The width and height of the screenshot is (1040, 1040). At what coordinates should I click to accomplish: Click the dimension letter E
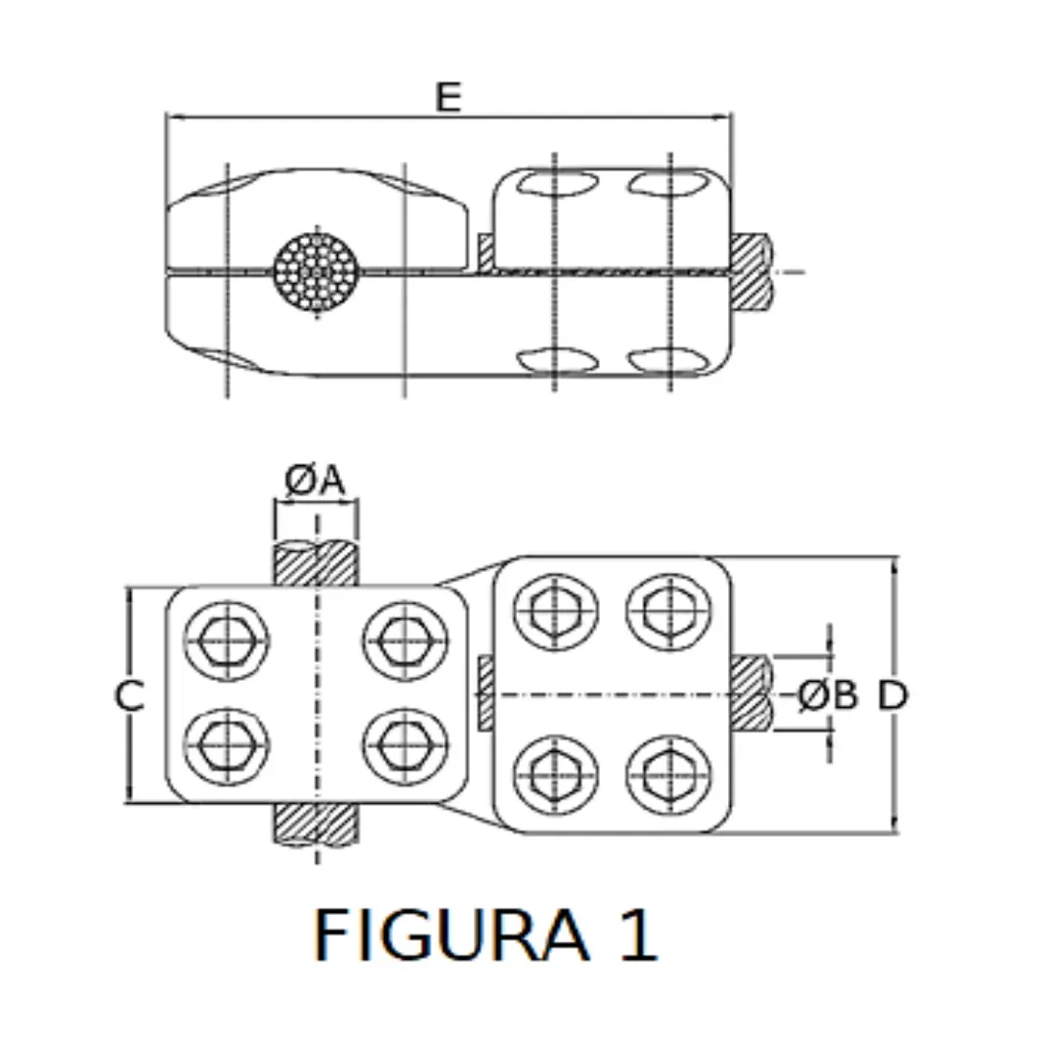(x=448, y=96)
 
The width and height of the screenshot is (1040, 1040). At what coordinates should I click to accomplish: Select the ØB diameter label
(x=827, y=695)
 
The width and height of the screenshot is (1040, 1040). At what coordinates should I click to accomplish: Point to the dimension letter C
(x=129, y=695)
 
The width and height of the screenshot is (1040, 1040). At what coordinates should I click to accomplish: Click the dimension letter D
(x=893, y=695)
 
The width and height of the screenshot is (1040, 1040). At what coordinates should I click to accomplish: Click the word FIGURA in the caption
(x=452, y=934)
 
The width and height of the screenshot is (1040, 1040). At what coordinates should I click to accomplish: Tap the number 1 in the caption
(x=637, y=934)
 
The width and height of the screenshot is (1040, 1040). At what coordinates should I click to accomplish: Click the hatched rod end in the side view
(x=751, y=272)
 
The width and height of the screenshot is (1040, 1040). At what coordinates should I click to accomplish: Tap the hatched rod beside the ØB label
(x=751, y=693)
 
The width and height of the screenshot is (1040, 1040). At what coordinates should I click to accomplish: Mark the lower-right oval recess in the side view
(x=667, y=360)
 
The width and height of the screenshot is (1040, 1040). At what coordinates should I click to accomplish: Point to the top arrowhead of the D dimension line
(x=896, y=564)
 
